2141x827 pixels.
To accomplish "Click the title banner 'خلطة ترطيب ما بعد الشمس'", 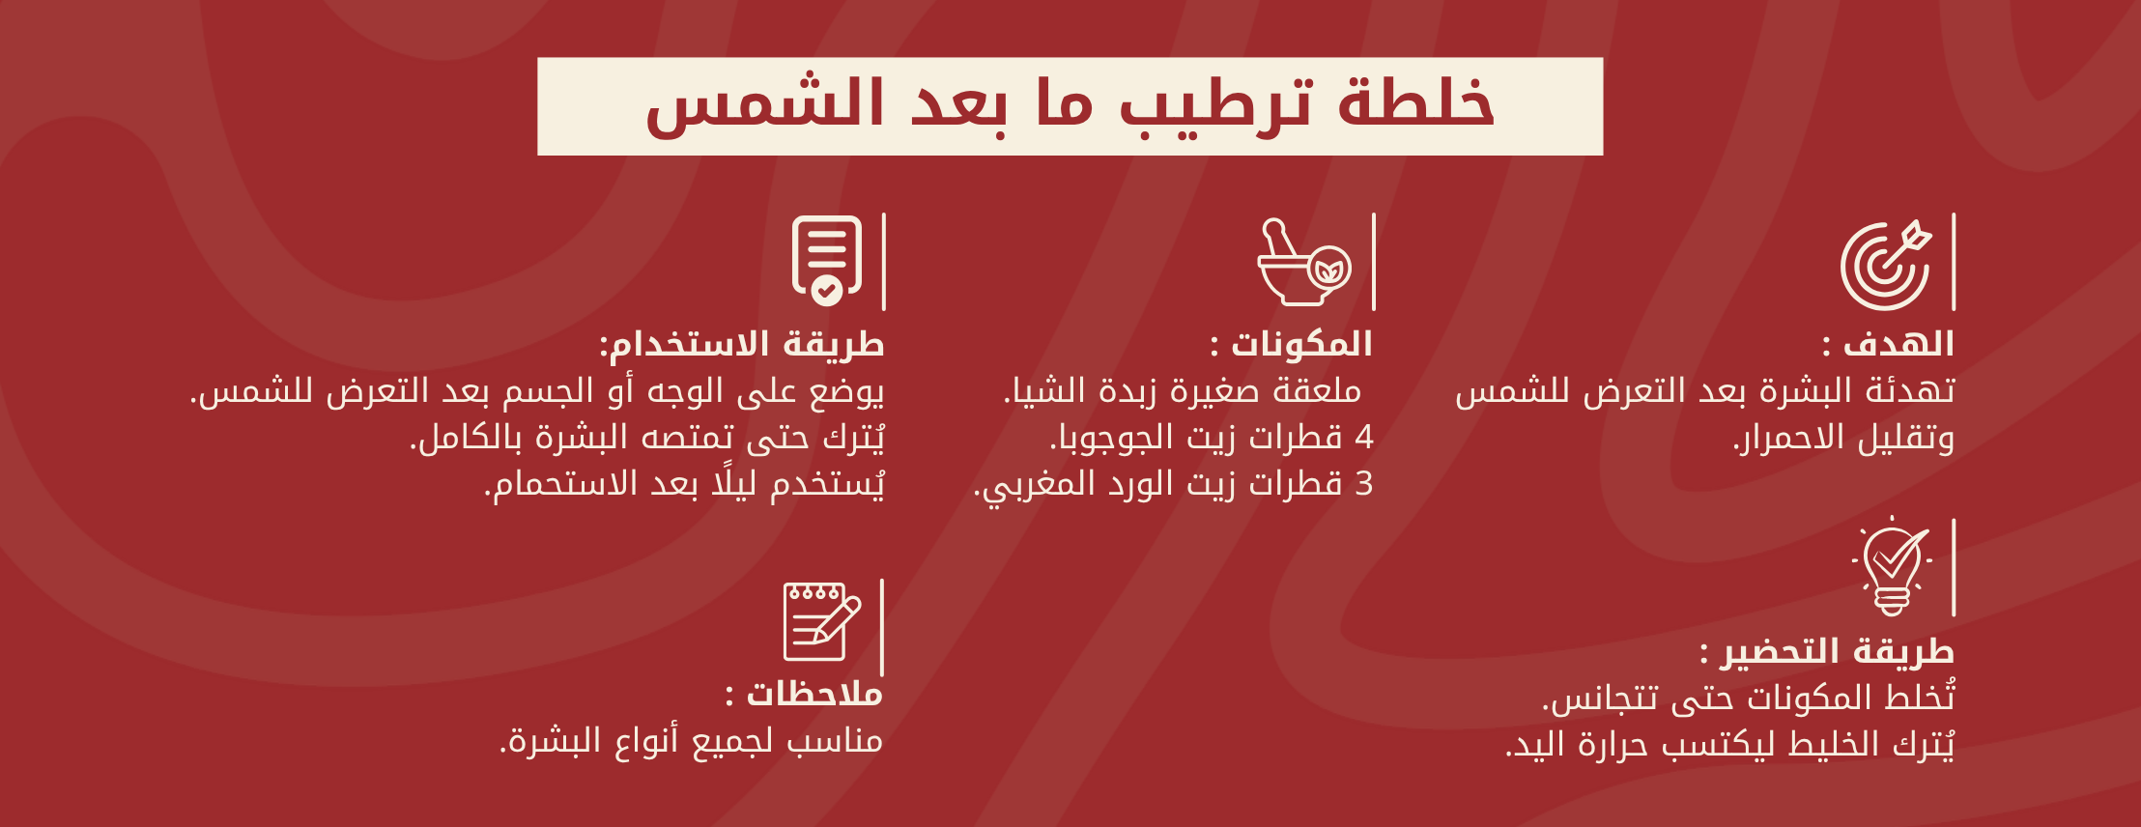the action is coord(1070,106).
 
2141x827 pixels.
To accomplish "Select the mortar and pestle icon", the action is coord(1304,262).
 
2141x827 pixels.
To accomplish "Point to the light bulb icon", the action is coord(1892,567).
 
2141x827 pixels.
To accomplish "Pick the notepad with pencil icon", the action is coord(821,621).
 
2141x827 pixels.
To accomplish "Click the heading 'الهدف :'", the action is coord(1888,344).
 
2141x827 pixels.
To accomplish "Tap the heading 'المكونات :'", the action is coord(1291,344).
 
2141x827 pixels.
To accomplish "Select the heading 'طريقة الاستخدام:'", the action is coord(742,344).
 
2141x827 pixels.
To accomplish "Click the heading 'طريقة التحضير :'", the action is coord(1827,651).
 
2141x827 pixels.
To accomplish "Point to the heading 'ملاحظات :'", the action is coord(804,694).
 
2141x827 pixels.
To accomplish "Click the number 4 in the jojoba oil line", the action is coord(1364,438).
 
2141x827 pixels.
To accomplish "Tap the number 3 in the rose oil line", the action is coord(1364,484).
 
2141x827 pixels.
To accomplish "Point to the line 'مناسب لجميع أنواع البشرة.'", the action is coord(691,741).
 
